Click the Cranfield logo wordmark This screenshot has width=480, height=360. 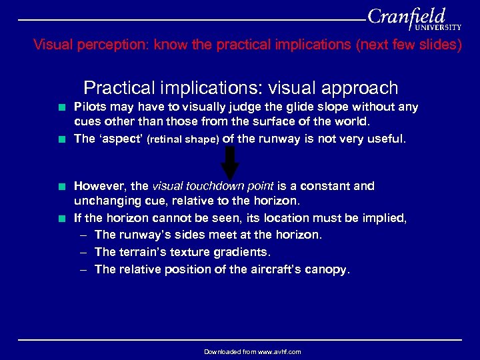pos(407,16)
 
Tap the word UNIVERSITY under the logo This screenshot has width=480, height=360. pos(438,28)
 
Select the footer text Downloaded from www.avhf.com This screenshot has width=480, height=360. pos(252,351)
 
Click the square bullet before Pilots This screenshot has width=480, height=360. pos(61,107)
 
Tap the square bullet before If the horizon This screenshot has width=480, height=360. pos(61,219)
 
